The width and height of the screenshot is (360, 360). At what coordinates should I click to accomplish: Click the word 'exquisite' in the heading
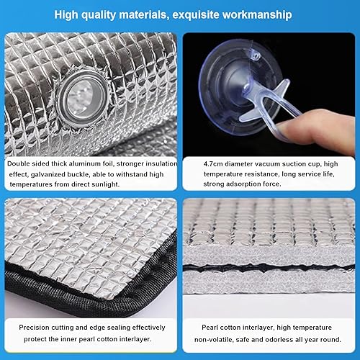click(x=196, y=15)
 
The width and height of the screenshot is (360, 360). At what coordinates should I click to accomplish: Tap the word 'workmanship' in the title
click(x=257, y=15)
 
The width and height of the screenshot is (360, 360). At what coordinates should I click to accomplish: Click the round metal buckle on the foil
click(x=82, y=99)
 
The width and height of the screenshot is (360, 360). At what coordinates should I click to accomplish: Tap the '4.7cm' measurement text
click(x=213, y=164)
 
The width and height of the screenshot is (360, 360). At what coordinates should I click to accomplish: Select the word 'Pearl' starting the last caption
click(x=210, y=328)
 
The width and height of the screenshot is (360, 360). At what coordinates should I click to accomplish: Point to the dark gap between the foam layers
click(x=269, y=268)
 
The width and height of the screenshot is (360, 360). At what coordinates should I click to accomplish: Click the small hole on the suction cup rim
click(x=256, y=56)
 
